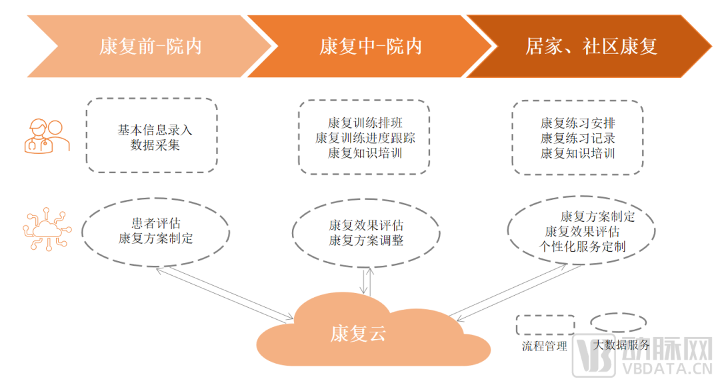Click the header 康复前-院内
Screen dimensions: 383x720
pos(150,46)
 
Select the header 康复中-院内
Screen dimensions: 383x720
pos(371,46)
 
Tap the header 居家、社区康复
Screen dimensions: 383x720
pos(591,46)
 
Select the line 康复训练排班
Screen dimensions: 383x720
pos(365,124)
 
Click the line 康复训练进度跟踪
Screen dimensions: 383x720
pos(365,139)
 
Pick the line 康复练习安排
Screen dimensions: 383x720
pos(578,124)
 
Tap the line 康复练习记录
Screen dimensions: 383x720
pos(578,139)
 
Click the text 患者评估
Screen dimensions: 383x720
pos(155,224)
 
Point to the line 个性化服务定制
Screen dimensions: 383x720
pos(583,247)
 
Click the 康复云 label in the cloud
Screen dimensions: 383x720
pos(358,334)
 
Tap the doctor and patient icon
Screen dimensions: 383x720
pos(46,136)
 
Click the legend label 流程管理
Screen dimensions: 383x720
pos(545,346)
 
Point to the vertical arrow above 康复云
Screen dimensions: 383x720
pos(365,281)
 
